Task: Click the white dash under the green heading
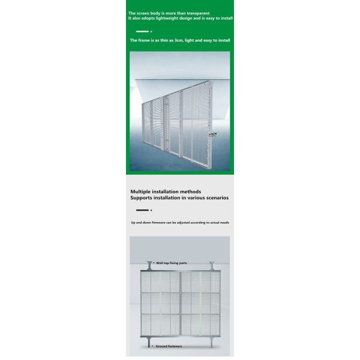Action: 142,31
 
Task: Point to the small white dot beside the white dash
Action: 151,31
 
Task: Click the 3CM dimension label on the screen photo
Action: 211,134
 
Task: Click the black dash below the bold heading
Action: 142,210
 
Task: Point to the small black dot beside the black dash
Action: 151,210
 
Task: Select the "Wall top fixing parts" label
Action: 172,263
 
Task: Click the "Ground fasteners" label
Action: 169,346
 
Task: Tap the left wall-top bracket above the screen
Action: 149,265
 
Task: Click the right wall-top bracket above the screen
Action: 211,265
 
